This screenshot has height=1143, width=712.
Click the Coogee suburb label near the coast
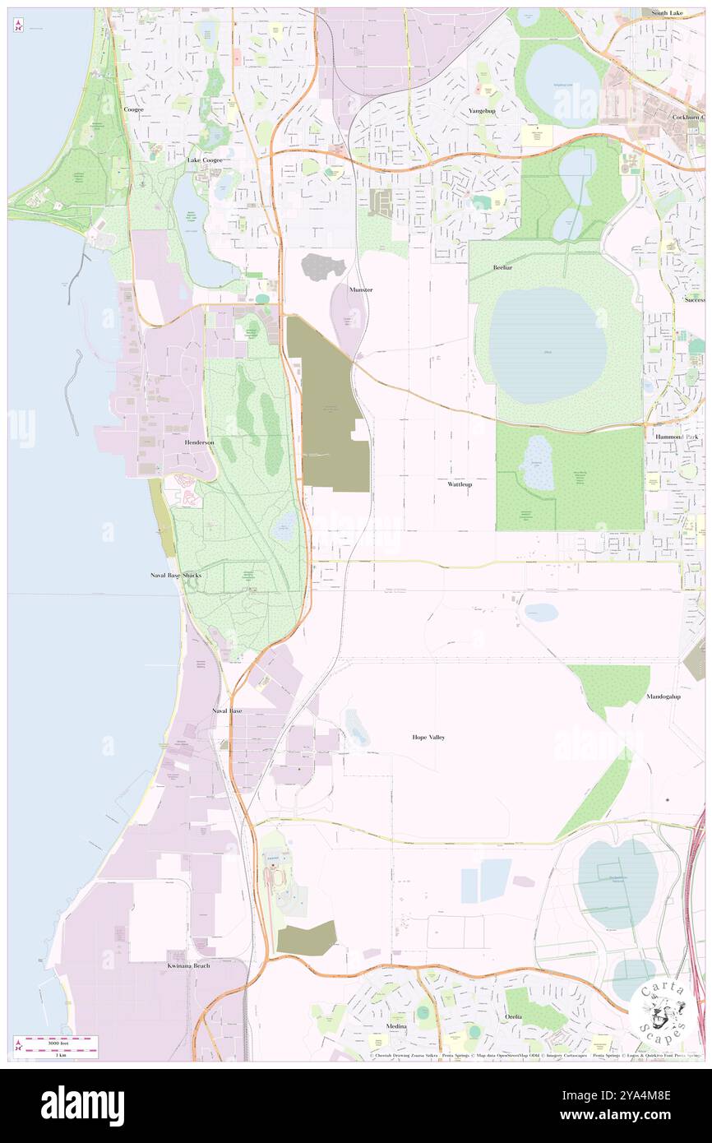(133, 109)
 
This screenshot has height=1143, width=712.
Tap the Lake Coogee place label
(204, 160)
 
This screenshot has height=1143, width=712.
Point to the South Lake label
(668, 13)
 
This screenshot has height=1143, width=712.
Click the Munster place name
(360, 290)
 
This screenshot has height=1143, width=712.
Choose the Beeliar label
(503, 268)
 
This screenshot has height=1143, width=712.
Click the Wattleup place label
(460, 484)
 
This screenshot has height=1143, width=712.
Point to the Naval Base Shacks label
(175, 576)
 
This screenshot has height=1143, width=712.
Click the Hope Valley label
(428, 738)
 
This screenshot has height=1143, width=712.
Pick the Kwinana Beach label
(188, 965)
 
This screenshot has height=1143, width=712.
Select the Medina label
(396, 1027)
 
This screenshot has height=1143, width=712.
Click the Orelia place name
(514, 1016)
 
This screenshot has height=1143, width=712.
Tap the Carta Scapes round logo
(660, 1011)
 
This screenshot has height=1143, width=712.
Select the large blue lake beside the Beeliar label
(548, 345)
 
